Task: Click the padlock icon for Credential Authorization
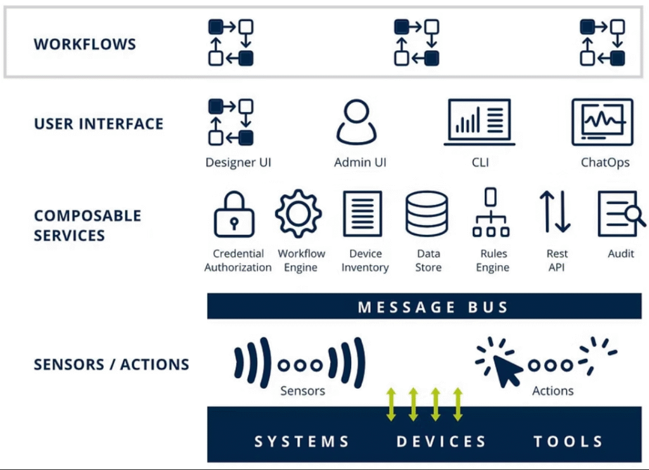click(x=234, y=215)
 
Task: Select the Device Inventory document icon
click(x=363, y=214)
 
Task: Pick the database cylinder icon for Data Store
click(x=427, y=214)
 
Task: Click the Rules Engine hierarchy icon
click(x=491, y=214)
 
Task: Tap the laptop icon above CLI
click(x=479, y=122)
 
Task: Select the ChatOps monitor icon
click(x=602, y=122)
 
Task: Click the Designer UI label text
click(x=238, y=162)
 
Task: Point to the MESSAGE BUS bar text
click(x=434, y=308)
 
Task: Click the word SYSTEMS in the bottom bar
click(x=302, y=441)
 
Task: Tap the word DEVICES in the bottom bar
click(x=441, y=441)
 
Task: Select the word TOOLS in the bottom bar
click(x=568, y=441)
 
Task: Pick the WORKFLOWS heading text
click(x=85, y=44)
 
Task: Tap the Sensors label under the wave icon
click(x=302, y=391)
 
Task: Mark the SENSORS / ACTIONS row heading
click(x=112, y=365)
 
